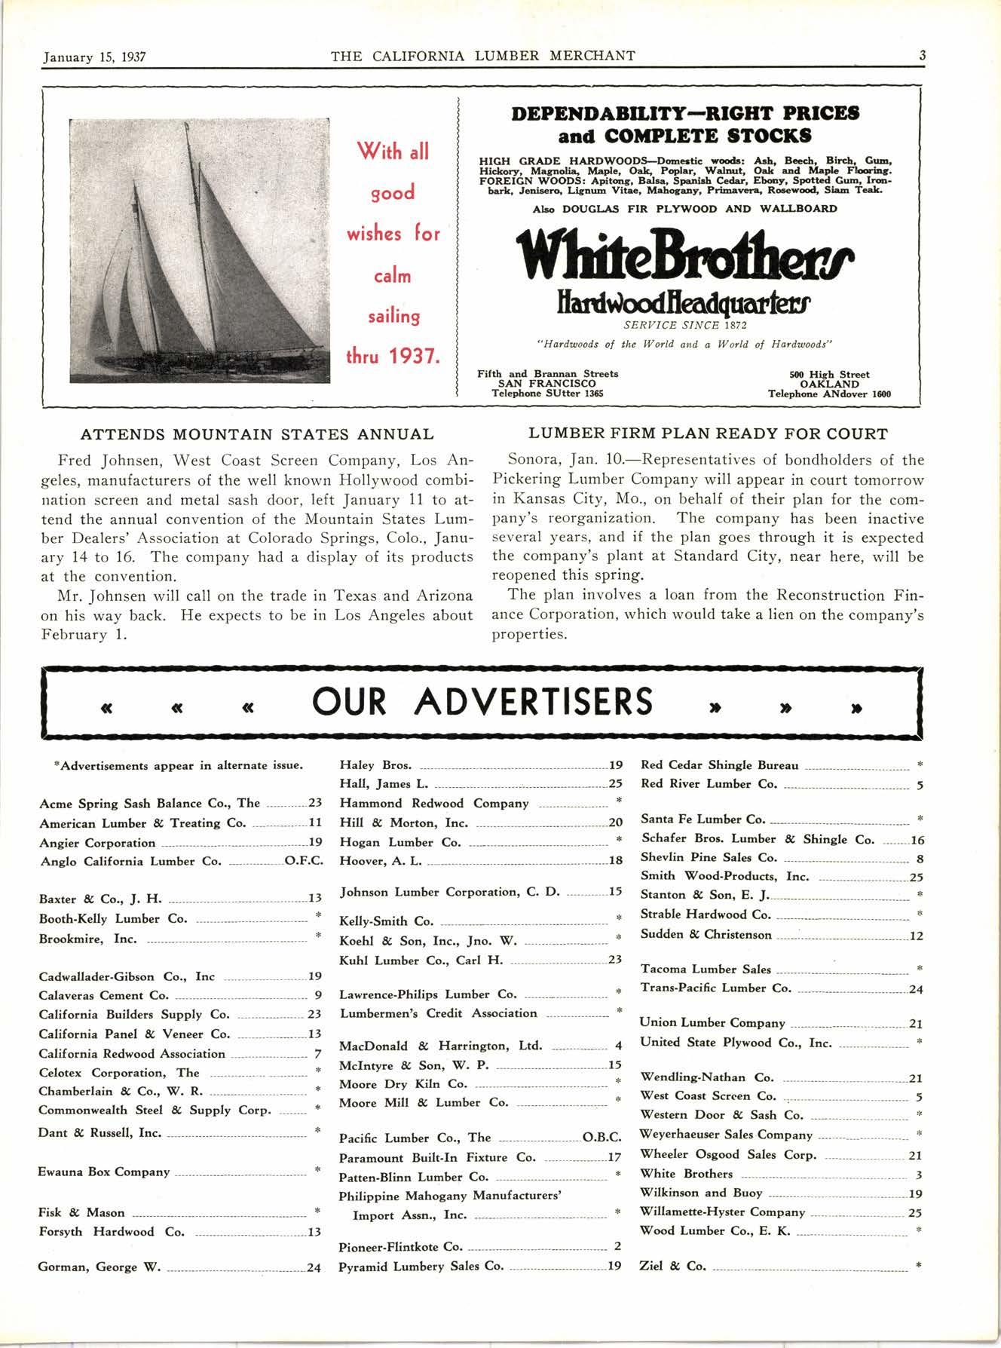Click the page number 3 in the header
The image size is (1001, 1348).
click(922, 56)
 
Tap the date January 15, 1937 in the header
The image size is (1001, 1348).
click(94, 57)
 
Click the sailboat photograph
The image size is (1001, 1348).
click(200, 250)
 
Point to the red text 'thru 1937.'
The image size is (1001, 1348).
click(393, 356)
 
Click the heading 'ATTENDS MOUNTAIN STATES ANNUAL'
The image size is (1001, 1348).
click(257, 434)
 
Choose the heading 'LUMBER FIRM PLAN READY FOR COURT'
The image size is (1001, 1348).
click(708, 434)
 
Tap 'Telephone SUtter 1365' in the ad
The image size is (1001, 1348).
click(547, 394)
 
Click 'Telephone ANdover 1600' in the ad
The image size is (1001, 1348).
click(829, 394)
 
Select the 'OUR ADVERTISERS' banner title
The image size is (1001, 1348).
click(482, 702)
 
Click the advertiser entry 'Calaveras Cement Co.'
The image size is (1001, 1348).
click(104, 995)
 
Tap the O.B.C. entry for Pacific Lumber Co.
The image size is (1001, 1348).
click(602, 1138)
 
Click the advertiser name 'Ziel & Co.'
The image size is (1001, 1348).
click(673, 1266)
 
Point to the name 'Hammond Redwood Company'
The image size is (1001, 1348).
click(434, 804)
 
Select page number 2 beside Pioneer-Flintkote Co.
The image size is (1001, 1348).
click(617, 1247)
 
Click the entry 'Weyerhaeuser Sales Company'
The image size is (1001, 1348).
click(726, 1135)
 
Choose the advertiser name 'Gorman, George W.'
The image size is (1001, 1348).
click(99, 1267)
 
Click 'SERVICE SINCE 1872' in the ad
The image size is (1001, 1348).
click(684, 326)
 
